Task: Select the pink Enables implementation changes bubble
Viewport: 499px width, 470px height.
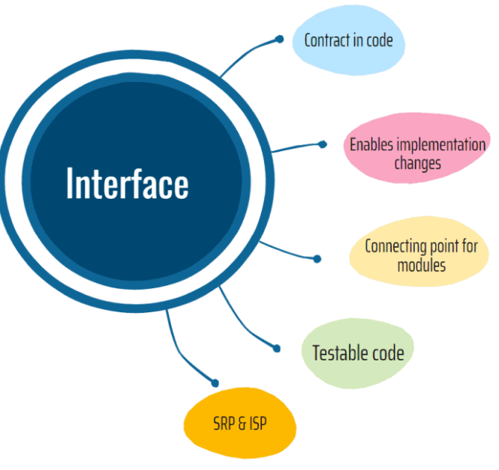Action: click(x=416, y=151)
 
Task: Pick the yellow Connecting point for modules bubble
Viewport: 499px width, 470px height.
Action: click(x=420, y=255)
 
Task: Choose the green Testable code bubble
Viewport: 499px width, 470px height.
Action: click(x=358, y=353)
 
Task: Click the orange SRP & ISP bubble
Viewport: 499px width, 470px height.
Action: click(x=236, y=425)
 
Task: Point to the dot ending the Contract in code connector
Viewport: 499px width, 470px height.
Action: click(x=279, y=39)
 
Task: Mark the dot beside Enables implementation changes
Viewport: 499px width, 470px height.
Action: click(x=323, y=144)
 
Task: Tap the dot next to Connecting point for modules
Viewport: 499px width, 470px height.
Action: click(x=317, y=259)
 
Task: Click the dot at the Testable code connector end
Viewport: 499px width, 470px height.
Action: click(x=276, y=348)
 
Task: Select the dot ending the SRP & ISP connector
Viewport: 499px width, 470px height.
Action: click(x=215, y=383)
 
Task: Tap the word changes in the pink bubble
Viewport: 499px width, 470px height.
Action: click(x=417, y=161)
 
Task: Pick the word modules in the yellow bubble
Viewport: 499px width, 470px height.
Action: click(x=422, y=264)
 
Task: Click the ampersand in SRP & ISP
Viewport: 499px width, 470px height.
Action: click(x=242, y=425)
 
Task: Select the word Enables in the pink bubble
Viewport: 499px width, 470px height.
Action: click(x=372, y=143)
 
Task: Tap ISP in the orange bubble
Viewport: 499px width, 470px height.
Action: click(x=257, y=425)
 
